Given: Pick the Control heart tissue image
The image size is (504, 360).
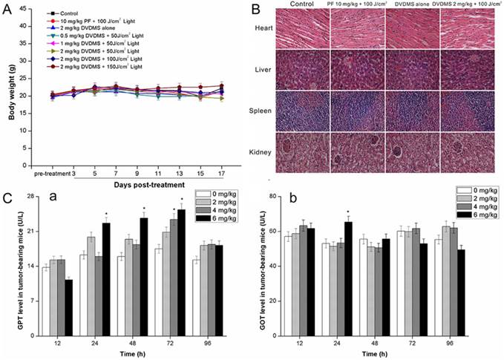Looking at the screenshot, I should pyautogui.click(x=306, y=29).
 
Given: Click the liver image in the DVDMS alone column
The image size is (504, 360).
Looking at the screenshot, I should pyautogui.click(x=413, y=70).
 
